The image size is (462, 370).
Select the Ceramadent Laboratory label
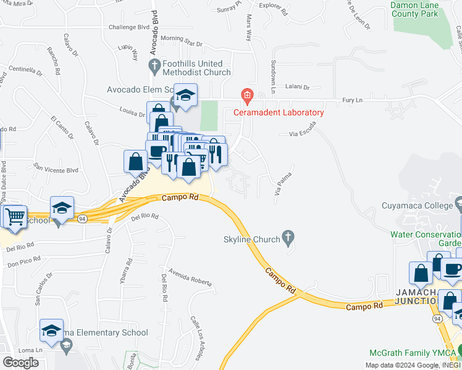tap(278, 112)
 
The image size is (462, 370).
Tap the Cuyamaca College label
tap(418, 205)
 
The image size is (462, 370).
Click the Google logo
tap(20, 362)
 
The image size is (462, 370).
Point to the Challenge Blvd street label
tap(129, 27)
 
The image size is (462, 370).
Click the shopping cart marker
tap(15, 216)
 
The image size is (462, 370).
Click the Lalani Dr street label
tap(296, 88)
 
